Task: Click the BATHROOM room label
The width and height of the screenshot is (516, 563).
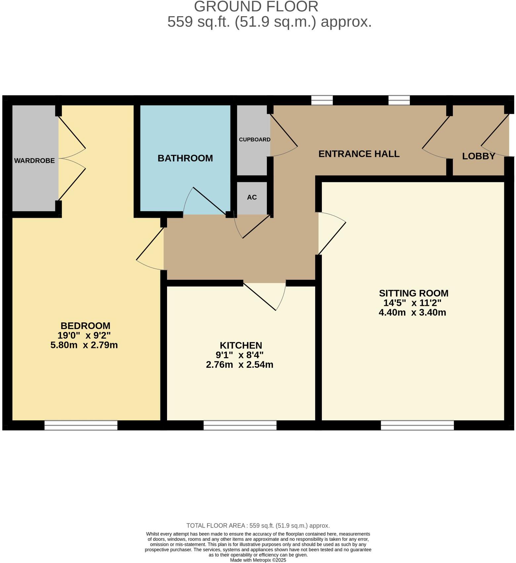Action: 185,158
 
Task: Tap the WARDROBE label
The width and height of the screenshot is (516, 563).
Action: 34,161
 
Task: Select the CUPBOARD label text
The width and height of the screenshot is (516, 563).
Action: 254,140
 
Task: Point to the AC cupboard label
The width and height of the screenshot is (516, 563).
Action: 252,197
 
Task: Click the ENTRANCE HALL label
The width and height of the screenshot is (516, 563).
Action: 359,154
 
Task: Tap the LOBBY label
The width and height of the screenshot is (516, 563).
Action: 478,156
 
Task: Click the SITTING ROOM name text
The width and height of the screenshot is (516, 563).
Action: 413,293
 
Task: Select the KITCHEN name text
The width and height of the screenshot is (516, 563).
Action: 241,346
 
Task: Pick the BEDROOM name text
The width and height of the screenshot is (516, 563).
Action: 85,326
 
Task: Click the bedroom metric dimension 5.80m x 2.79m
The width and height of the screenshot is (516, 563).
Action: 84,345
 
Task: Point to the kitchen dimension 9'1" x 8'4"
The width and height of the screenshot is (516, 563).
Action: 239,355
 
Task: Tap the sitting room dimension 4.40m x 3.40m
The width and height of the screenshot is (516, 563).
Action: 412,312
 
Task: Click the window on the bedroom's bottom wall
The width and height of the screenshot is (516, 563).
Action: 81,425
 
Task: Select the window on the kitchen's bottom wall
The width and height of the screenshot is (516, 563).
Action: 240,425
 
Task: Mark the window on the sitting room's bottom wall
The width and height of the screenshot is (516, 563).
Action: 417,425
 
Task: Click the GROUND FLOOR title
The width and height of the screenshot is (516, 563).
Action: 256,7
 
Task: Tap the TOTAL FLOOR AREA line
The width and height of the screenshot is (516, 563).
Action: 258,526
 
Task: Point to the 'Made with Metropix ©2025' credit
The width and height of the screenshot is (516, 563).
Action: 258,560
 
